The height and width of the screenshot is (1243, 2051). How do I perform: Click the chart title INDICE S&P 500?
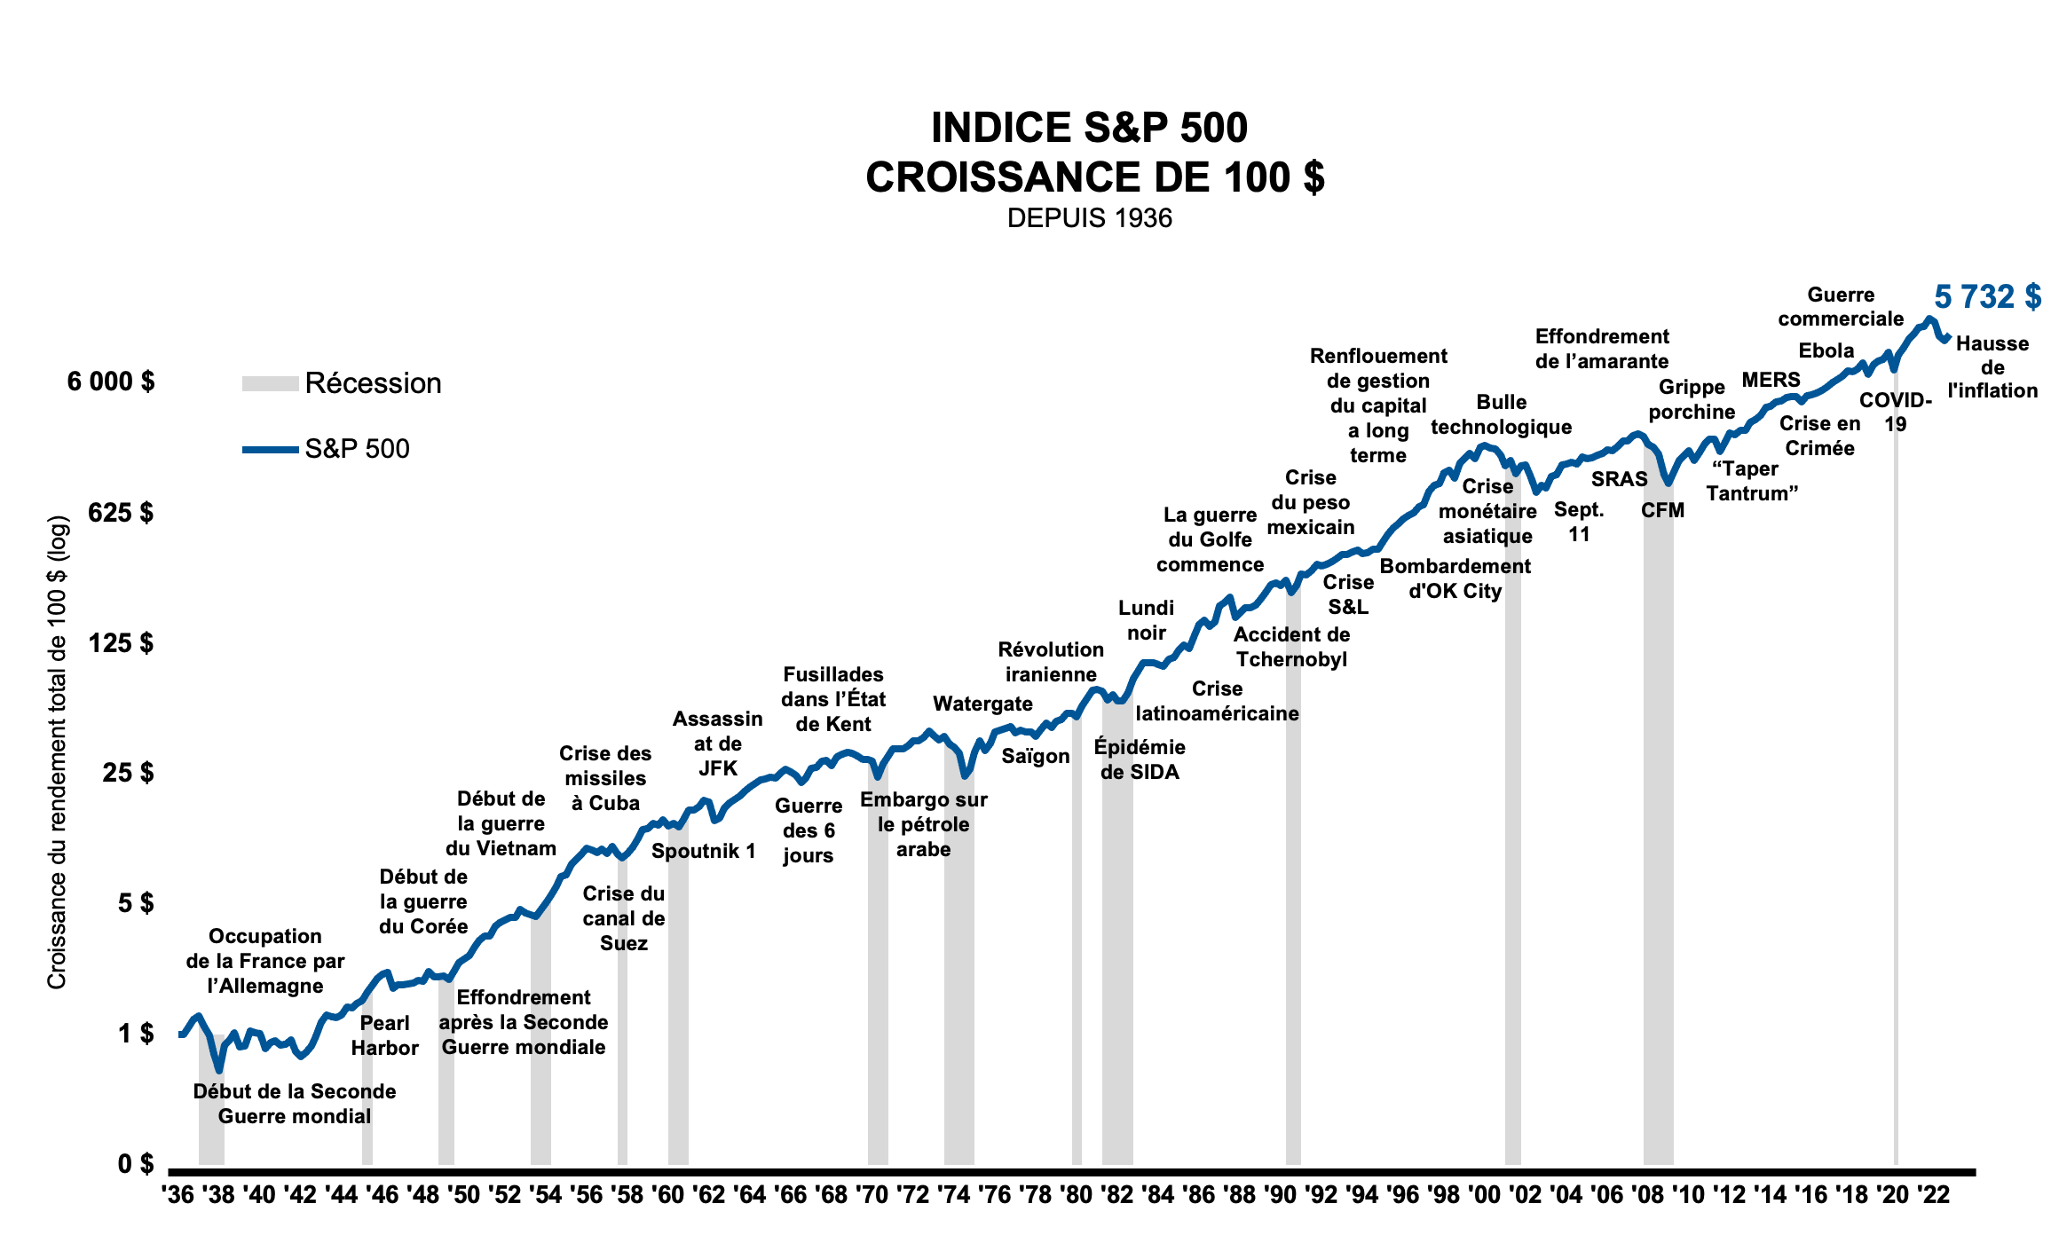[1089, 129]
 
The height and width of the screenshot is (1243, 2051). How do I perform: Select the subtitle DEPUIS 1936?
[1089, 218]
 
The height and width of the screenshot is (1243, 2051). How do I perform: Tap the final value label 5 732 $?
[1987, 297]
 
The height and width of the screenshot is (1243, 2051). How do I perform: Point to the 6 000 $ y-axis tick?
[111, 382]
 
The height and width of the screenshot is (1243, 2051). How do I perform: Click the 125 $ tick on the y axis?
[121, 642]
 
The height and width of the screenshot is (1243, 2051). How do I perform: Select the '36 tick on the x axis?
[178, 1195]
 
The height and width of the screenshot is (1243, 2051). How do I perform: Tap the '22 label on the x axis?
[1933, 1195]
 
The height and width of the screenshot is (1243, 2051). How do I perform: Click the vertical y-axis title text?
[57, 752]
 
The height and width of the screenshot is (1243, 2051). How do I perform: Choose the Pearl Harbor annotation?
[384, 1035]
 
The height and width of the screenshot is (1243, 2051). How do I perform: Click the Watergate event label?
[982, 704]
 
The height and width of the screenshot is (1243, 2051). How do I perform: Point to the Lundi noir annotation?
[1146, 620]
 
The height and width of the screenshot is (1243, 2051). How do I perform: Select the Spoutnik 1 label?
[704, 851]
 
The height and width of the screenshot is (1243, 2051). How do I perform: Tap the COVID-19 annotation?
[1896, 412]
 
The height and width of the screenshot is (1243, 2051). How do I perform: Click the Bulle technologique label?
[1501, 414]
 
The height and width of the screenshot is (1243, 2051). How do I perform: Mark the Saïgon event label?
[1036, 756]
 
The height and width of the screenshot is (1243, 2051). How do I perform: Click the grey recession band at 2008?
[1658, 887]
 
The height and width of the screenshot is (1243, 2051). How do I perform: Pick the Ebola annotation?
[1826, 350]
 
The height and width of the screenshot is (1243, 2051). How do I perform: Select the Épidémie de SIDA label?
[1140, 759]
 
